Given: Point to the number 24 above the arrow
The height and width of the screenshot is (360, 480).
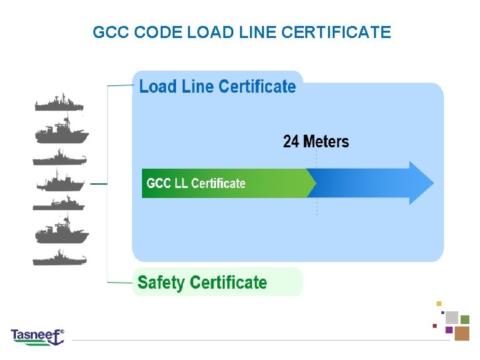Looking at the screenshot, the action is click(x=291, y=141).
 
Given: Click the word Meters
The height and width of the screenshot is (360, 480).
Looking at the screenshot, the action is click(x=325, y=141).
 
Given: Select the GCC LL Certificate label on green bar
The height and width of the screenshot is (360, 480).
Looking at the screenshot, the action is click(x=196, y=183).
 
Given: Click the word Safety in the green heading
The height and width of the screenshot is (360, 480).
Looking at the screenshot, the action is click(x=161, y=283).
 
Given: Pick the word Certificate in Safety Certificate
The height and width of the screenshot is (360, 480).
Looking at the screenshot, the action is click(x=228, y=283).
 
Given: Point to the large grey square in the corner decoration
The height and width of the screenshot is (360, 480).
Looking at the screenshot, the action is click(x=451, y=317).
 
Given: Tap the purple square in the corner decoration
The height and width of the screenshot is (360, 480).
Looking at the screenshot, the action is click(x=449, y=329).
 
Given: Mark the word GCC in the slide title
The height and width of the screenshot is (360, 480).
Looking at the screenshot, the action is click(x=107, y=32).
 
